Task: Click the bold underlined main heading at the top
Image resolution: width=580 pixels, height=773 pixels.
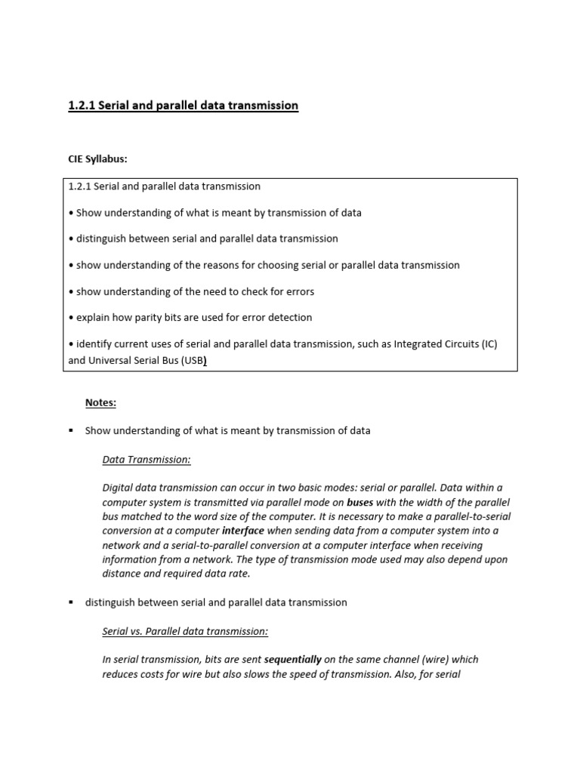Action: [x=184, y=106]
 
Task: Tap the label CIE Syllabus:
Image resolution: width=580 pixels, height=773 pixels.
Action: [x=98, y=159]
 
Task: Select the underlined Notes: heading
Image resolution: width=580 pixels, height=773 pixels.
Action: [x=100, y=402]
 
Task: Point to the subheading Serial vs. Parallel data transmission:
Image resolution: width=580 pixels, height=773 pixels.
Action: [x=185, y=630]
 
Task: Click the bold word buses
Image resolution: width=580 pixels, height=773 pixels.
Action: [x=359, y=502]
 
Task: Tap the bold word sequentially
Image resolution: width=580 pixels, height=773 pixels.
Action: [x=293, y=659]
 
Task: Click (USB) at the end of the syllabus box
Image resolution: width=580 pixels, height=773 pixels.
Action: [x=193, y=361]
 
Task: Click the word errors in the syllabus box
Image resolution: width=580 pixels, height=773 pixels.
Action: [x=300, y=291]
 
